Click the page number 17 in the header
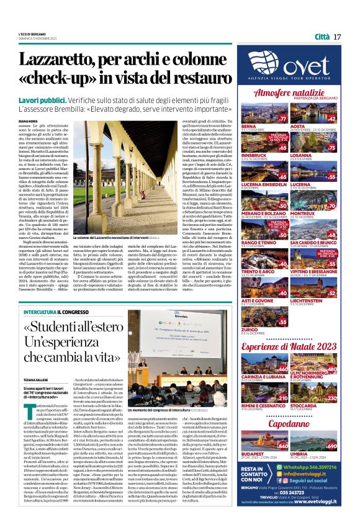[x=337, y=37]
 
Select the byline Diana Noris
[x=28, y=121]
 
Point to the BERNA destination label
[x=248, y=125]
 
